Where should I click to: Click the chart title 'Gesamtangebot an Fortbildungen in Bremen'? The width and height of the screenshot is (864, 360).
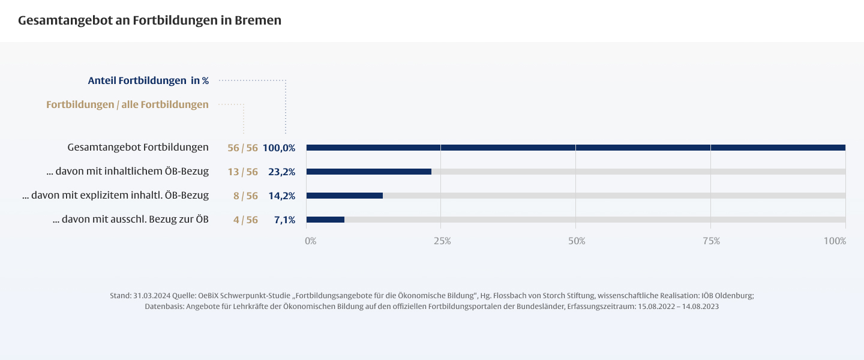tap(149, 20)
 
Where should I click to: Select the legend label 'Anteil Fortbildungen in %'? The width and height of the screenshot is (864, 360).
tap(148, 80)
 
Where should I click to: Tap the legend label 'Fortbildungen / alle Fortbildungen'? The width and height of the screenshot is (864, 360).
tap(127, 104)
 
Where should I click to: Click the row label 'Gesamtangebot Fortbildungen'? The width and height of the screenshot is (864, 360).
tap(138, 147)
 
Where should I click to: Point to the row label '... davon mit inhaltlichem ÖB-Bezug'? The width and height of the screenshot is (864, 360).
tap(127, 172)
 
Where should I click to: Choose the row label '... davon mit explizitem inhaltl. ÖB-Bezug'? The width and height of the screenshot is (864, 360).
tap(115, 196)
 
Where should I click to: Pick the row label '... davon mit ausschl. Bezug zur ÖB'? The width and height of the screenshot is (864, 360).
tap(130, 220)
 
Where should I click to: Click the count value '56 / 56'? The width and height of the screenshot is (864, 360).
tap(242, 148)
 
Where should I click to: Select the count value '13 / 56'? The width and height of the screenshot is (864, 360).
tap(242, 172)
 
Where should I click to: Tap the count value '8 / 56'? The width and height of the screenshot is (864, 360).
tap(245, 196)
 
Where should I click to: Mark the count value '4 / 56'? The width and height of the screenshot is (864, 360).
tap(245, 220)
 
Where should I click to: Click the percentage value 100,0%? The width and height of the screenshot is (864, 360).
tap(279, 148)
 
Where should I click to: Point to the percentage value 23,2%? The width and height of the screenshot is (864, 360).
tap(281, 172)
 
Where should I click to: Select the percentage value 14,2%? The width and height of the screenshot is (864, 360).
tap(281, 196)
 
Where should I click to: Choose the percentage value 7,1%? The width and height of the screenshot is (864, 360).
tap(284, 220)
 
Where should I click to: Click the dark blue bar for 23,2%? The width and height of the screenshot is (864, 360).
tap(368, 172)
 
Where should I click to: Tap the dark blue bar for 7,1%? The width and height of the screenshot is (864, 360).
tap(325, 220)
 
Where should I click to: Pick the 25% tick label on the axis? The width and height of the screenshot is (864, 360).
tap(442, 241)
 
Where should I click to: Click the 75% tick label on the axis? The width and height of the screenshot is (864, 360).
tap(712, 241)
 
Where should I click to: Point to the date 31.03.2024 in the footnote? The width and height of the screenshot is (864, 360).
tap(150, 296)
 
